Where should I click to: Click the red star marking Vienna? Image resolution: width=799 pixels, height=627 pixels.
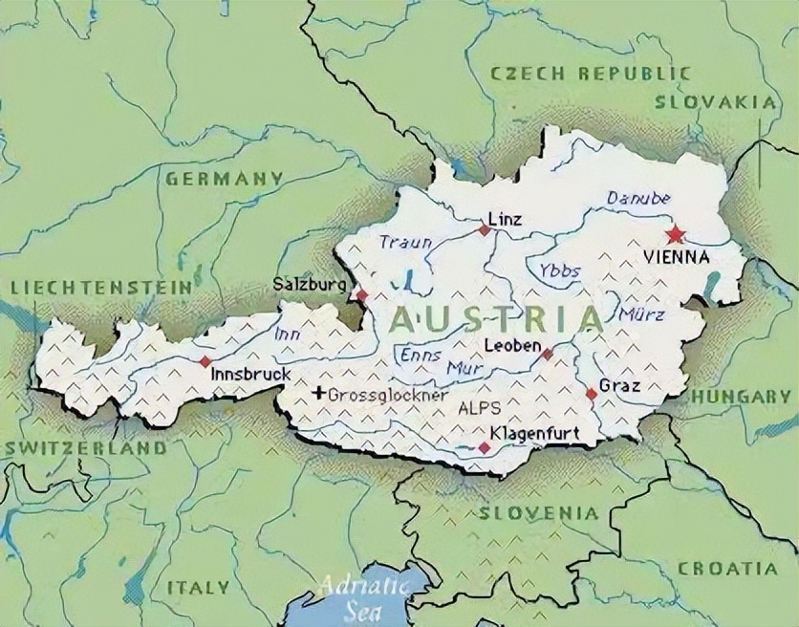coord(676,234)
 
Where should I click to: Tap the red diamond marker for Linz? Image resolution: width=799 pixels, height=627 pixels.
coord(485,230)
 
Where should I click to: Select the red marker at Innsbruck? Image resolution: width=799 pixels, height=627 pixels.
coord(205,361)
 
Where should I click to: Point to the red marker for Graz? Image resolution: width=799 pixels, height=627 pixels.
coord(591,393)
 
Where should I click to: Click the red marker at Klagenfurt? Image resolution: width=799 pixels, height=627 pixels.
coord(484,447)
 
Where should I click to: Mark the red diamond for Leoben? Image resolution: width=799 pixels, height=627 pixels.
coord(547,354)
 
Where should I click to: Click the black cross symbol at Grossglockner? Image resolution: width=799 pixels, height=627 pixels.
coord(318,393)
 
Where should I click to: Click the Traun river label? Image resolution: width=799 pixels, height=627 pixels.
coord(405,242)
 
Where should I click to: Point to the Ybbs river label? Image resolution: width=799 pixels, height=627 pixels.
coord(559,270)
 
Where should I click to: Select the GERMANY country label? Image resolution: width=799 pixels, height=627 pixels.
coord(225,178)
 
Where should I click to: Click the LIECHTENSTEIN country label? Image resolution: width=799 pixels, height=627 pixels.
coord(99,287)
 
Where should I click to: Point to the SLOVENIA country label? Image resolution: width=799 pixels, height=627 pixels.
coord(539,513)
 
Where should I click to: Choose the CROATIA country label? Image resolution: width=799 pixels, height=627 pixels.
coord(727,568)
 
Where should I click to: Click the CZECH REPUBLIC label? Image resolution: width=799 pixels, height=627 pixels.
coord(589,73)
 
